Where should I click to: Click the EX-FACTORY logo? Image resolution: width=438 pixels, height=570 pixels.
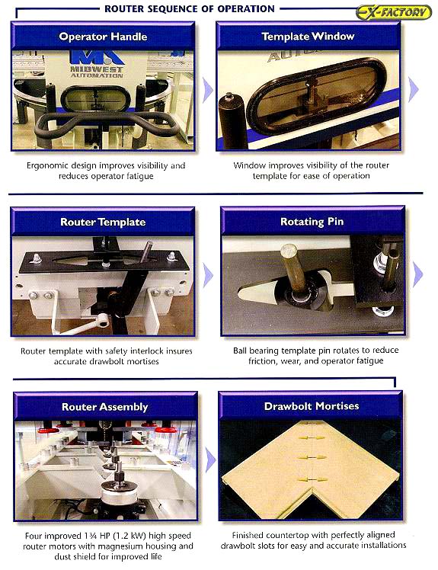tap(394, 12)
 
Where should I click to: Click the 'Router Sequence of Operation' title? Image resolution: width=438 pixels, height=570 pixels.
tap(190, 8)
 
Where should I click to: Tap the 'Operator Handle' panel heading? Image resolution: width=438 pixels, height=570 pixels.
tap(103, 37)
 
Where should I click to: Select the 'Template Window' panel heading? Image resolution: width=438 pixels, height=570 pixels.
tap(308, 37)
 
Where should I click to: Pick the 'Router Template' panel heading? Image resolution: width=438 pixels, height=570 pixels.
tap(103, 222)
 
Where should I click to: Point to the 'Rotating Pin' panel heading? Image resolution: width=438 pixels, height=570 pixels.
tap(312, 222)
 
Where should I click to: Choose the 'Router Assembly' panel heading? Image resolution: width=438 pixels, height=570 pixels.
tap(104, 407)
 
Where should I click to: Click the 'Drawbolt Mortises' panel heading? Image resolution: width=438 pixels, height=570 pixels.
tap(312, 406)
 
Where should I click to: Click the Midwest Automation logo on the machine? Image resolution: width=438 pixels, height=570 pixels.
tap(97, 64)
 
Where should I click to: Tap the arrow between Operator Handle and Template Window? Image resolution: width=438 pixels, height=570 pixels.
tap(207, 90)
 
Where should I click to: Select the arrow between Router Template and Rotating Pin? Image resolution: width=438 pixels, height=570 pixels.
tap(208, 275)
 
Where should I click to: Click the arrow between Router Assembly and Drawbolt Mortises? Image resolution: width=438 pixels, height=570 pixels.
tap(210, 460)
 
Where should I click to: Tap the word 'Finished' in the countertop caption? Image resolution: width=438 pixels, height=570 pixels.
tap(247, 535)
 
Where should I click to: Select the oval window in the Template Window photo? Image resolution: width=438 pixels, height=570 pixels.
tap(316, 95)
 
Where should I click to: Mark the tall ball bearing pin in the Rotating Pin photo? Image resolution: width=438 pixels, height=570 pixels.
tap(293, 268)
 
